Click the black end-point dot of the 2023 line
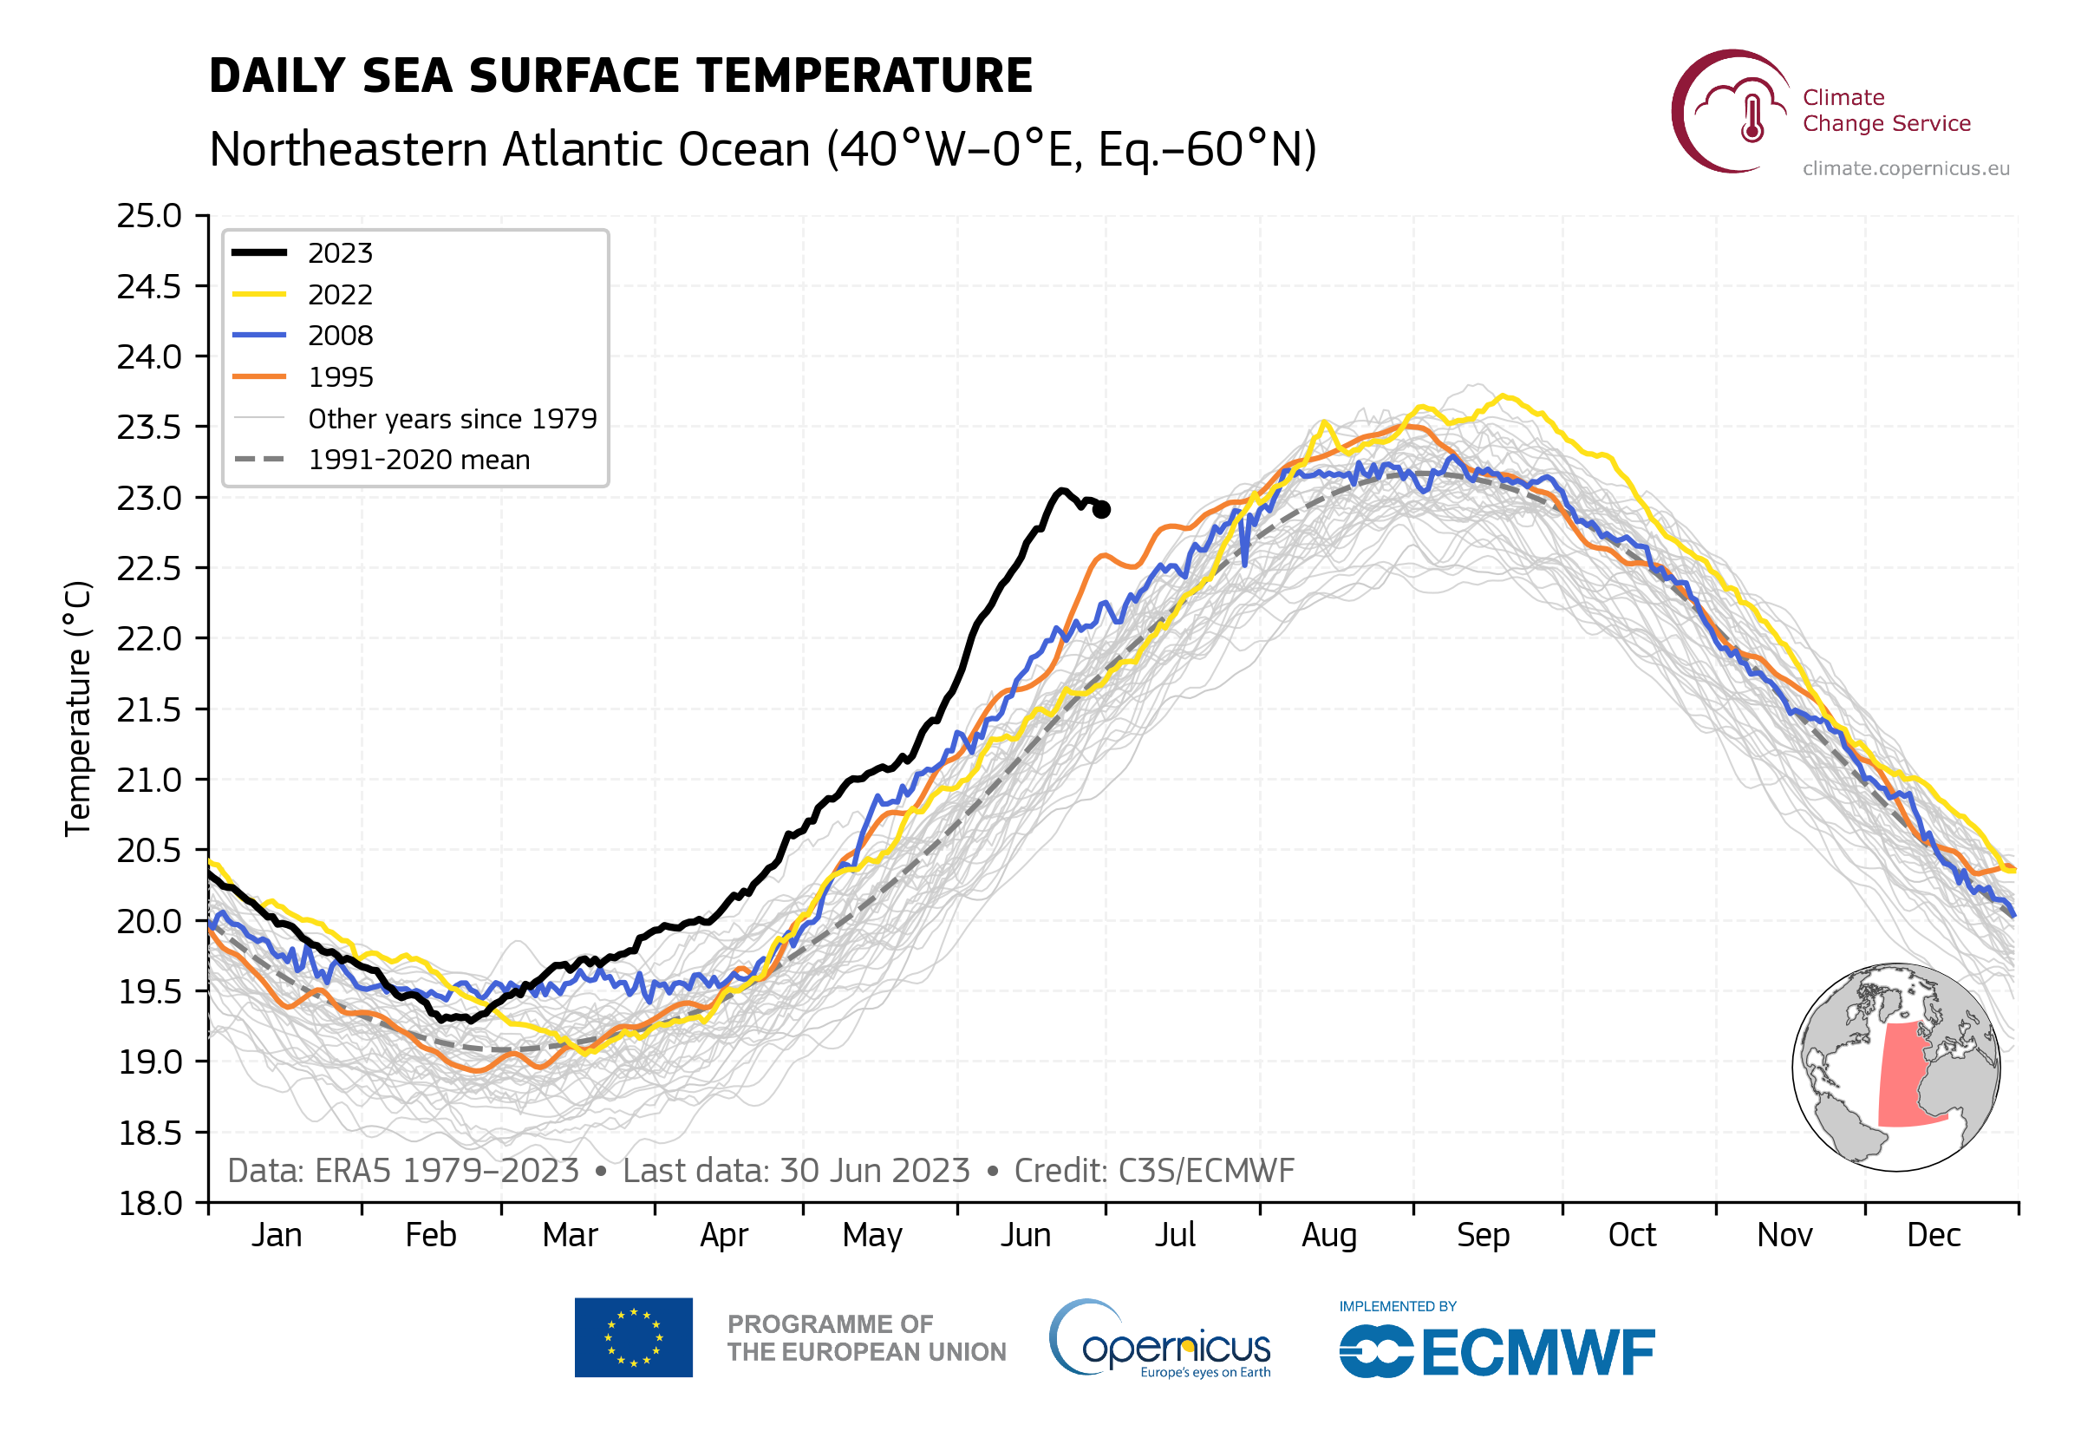[1101, 509]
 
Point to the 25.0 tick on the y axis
[149, 216]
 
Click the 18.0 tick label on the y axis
[149, 1203]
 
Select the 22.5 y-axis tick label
[149, 568]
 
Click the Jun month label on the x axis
[1025, 1236]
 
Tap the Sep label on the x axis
[1483, 1236]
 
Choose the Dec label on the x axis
[1933, 1236]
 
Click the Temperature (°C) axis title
[79, 709]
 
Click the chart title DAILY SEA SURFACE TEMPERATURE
[620, 75]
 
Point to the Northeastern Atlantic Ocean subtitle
[762, 149]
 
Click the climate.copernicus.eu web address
[1905, 168]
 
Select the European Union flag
[633, 1336]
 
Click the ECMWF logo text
[1538, 1352]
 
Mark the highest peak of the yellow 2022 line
[1503, 395]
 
